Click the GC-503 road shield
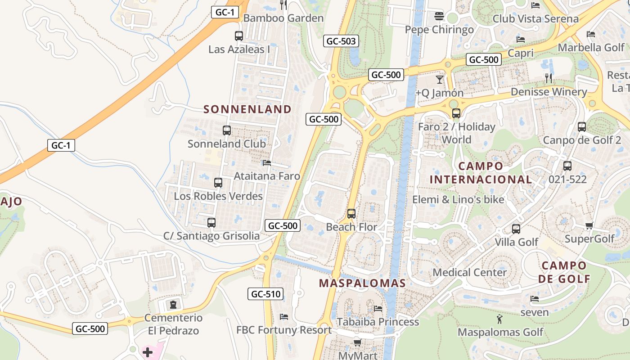tap(341, 41)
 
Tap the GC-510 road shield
tap(265, 294)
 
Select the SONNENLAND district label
tap(247, 109)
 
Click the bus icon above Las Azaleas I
tap(239, 36)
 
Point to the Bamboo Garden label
tap(283, 18)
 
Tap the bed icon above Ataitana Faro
tap(267, 163)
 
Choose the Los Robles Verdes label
tap(218, 196)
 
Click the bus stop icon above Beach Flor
tap(351, 214)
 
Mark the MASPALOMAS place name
tap(362, 283)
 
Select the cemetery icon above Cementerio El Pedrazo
tap(173, 305)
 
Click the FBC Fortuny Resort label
tap(284, 330)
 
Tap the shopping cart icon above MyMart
tap(357, 343)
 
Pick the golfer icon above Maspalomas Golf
tap(500, 319)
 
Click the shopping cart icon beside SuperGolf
tap(589, 225)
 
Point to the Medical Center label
tap(470, 272)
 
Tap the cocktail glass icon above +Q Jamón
tap(439, 80)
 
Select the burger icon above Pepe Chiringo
tap(439, 17)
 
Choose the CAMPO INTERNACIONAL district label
tap(481, 173)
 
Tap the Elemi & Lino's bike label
tap(458, 199)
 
